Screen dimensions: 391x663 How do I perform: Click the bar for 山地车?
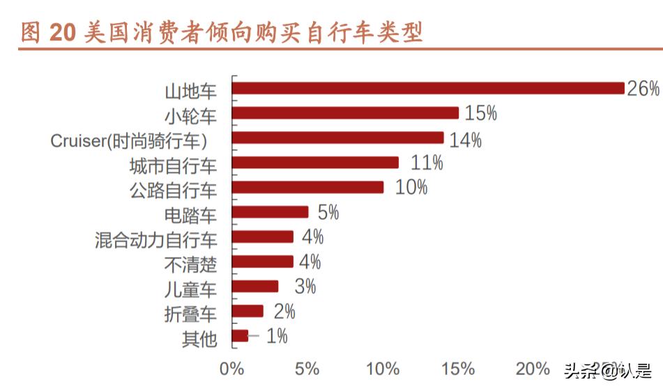pos(427,88)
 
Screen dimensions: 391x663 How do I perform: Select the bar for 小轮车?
pos(345,113)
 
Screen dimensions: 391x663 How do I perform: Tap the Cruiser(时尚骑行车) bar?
pos(337,138)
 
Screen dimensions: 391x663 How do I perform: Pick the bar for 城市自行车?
pos(315,163)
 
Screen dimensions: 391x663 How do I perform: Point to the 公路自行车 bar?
pos(307,187)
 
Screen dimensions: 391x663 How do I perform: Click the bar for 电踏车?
pos(270,212)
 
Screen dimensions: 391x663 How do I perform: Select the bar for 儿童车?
pos(255,286)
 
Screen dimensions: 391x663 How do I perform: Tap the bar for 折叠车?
pos(247,311)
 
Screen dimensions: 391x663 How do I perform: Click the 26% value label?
pos(643,89)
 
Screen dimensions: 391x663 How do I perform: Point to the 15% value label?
pos(480,113)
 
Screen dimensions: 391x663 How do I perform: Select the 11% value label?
pos(427,163)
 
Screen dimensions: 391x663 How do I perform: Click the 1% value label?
pos(277,336)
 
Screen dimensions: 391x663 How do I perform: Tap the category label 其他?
pos(199,340)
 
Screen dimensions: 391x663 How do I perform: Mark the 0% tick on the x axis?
pos(231,369)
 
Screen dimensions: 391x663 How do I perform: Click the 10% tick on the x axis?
pos(383,369)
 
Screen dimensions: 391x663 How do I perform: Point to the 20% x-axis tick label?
pos(533,369)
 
